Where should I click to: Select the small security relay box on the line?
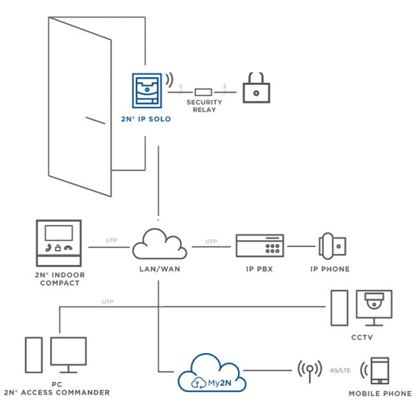point(203,92)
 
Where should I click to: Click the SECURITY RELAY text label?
point(203,106)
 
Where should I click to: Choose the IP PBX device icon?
point(259,245)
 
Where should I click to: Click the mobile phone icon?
point(380,371)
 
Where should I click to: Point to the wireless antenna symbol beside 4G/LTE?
point(307,369)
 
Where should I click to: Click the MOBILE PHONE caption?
point(380,394)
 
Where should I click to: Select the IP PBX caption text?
point(259,269)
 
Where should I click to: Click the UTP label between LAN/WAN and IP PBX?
point(211,241)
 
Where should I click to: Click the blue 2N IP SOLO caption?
point(146,119)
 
